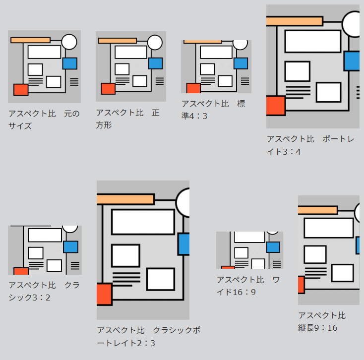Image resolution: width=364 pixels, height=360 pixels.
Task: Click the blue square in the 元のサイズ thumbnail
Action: [70, 63]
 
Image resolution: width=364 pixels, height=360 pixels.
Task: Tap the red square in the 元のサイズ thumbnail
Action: [21, 90]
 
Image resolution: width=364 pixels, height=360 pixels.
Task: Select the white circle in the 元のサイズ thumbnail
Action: [69, 42]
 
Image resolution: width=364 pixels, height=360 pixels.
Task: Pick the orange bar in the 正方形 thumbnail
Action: [118, 41]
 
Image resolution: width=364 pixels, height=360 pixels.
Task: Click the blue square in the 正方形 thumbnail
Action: [155, 63]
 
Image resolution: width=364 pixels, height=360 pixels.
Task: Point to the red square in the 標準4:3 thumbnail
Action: [193, 88]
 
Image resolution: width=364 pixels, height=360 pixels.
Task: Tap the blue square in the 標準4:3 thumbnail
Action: [241, 63]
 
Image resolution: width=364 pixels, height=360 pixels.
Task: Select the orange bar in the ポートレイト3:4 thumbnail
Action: [295, 21]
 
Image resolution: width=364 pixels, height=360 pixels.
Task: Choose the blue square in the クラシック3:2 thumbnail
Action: [70, 247]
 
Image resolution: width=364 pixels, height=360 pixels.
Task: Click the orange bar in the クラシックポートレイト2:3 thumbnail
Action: [125, 199]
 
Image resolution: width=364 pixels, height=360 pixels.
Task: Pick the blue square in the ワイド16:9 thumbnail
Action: [273, 247]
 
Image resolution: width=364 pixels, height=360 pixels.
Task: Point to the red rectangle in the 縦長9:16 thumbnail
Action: [301, 285]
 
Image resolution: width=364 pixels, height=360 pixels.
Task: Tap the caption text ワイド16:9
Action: [248, 286]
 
